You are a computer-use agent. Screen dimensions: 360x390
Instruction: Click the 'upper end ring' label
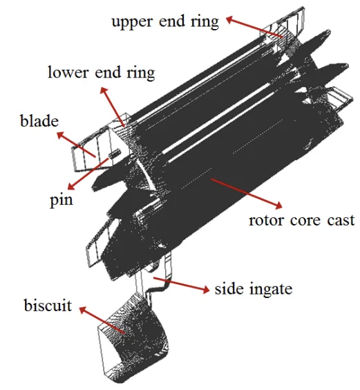pyautogui.click(x=165, y=22)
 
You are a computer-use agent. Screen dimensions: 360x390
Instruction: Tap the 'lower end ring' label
pyautogui.click(x=101, y=73)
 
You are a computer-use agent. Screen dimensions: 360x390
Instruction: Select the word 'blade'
pyautogui.click(x=39, y=121)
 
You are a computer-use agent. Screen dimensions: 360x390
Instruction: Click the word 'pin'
pyautogui.click(x=61, y=201)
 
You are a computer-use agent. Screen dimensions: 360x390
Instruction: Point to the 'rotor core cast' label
pyautogui.click(x=301, y=221)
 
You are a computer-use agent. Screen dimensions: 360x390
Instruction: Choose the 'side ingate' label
pyautogui.click(x=254, y=289)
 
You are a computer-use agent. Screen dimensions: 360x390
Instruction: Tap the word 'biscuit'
pyautogui.click(x=48, y=305)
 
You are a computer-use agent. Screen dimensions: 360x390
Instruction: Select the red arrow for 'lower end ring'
pyautogui.click(x=112, y=107)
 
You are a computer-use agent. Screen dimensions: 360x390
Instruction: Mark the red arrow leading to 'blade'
pyautogui.click(x=76, y=145)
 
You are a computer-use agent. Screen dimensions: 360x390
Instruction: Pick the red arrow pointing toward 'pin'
pyautogui.click(x=88, y=174)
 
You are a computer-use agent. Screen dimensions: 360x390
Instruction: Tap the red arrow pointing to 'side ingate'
pyautogui.click(x=181, y=284)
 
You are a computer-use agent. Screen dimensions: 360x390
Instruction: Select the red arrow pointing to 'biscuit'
pyautogui.click(x=102, y=320)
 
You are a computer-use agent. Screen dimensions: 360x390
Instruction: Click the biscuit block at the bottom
pyautogui.click(x=133, y=338)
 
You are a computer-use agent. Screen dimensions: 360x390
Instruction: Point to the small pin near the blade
pyautogui.click(x=115, y=154)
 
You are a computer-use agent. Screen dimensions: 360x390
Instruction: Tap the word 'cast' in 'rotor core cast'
pyautogui.click(x=341, y=221)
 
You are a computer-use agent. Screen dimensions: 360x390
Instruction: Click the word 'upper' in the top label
pyautogui.click(x=132, y=23)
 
